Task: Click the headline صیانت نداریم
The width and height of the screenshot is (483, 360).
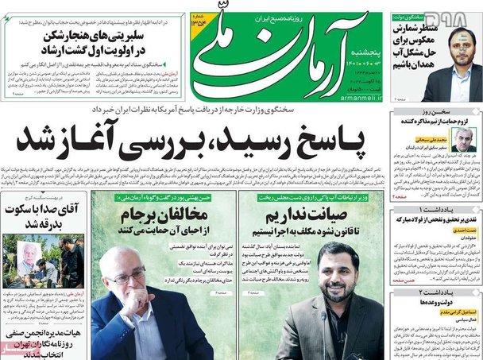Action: coord(316,217)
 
